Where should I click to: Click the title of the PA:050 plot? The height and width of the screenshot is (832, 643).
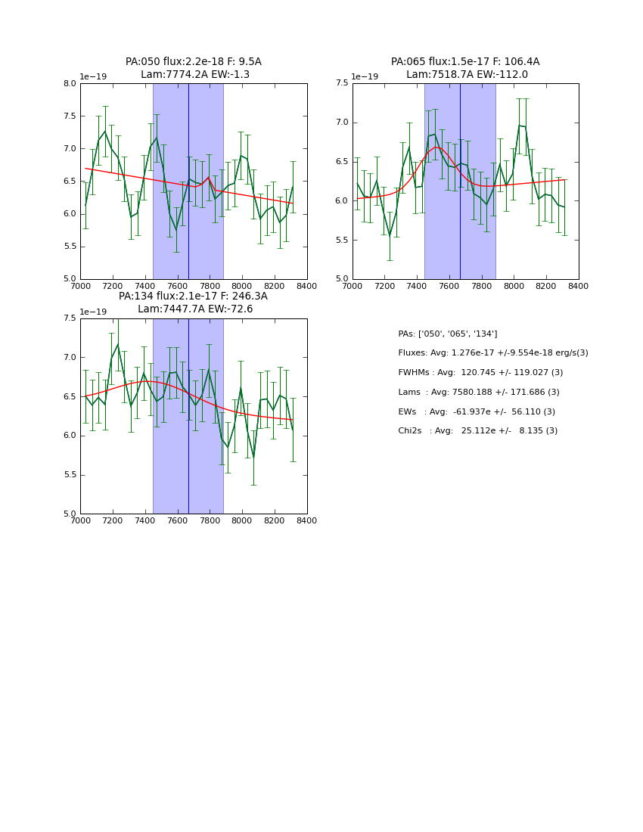tap(194, 68)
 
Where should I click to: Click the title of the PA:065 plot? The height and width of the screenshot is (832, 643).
tap(465, 68)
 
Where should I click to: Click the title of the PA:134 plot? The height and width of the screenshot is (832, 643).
tap(194, 303)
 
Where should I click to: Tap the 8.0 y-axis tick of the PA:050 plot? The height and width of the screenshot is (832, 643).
tap(68, 84)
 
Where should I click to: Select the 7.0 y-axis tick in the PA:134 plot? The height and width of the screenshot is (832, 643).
tap(68, 358)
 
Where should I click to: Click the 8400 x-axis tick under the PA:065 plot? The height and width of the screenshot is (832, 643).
tap(579, 286)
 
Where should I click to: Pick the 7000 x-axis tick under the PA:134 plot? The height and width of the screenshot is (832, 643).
tap(80, 520)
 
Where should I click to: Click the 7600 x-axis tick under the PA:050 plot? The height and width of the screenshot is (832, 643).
tap(177, 286)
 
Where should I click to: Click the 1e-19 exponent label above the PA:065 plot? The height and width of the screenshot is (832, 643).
tap(365, 76)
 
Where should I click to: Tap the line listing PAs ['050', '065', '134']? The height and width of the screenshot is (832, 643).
tap(448, 334)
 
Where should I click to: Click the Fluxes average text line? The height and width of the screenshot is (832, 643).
tap(492, 353)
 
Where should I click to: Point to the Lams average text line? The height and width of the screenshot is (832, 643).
tap(479, 392)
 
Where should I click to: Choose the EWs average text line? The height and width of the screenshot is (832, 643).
tap(477, 411)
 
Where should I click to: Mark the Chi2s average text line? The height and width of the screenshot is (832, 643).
tap(477, 431)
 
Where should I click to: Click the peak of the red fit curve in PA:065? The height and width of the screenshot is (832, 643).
tap(436, 147)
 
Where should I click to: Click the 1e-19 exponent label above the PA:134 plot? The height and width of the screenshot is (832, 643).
tap(94, 312)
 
